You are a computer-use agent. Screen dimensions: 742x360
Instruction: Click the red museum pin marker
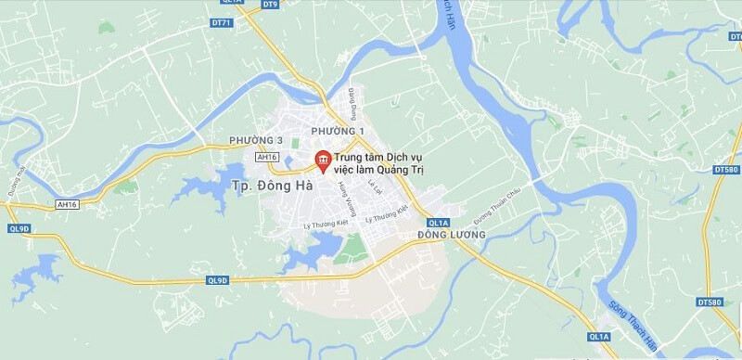point(323,160)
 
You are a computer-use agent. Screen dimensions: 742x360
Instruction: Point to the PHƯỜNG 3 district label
point(256,140)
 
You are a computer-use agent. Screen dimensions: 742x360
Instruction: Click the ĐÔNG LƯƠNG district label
point(452,235)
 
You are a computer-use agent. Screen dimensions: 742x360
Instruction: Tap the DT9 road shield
point(270,5)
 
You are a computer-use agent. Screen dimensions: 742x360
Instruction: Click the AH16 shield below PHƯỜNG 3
point(267,158)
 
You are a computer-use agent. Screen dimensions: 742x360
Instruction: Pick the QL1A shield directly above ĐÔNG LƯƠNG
point(439,223)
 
